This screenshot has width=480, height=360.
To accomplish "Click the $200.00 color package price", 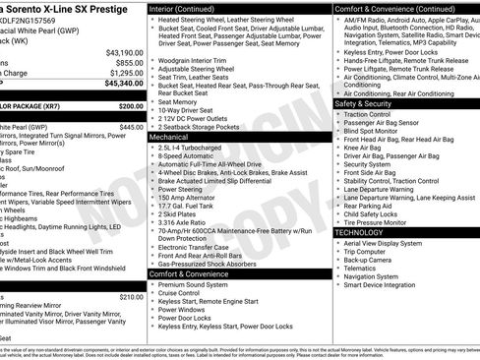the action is click(131, 106).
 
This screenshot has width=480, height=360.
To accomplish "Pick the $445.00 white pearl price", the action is click(131, 127).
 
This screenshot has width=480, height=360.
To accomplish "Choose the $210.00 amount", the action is click(131, 296).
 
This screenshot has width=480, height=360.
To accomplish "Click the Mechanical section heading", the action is click(169, 138).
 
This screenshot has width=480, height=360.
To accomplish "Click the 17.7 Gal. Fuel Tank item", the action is click(186, 205).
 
